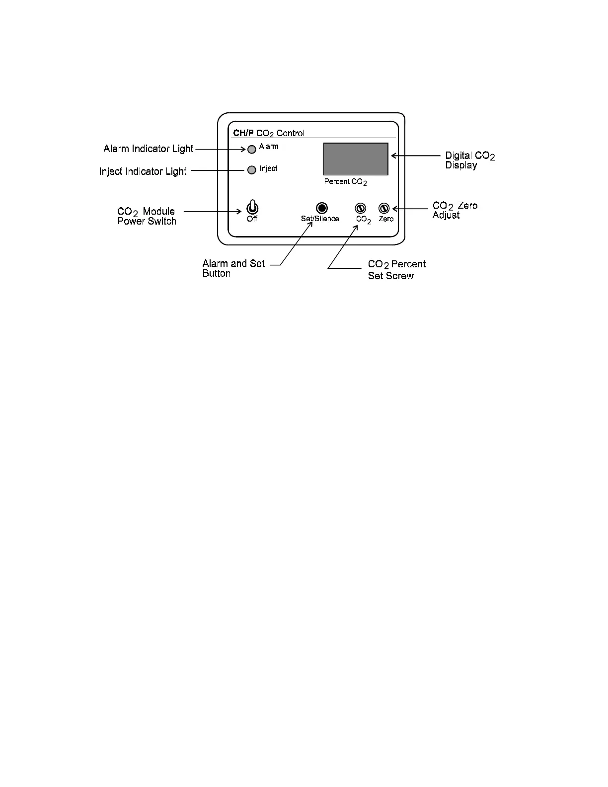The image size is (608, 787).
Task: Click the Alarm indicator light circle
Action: tap(252, 149)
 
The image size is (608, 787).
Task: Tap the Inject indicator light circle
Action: tap(252, 170)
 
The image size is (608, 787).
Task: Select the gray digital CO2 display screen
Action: tap(356, 159)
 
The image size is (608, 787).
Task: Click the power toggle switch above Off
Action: tap(252, 207)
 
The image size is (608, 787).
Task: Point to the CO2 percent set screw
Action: tap(360, 209)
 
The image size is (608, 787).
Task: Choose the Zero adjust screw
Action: tap(384, 209)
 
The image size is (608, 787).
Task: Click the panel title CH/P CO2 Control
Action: tap(269, 133)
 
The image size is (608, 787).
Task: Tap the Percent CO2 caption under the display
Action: tap(346, 182)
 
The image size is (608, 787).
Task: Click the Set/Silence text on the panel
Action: tap(320, 219)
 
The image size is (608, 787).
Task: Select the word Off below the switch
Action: tap(252, 219)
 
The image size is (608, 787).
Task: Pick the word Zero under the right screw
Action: tap(386, 219)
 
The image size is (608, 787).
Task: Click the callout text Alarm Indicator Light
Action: tap(149, 149)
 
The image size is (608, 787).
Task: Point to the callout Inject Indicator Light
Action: tap(143, 171)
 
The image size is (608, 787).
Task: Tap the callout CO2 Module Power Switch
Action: tap(147, 216)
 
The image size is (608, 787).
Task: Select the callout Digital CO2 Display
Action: tap(469, 160)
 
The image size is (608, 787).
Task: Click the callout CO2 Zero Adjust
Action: tap(455, 210)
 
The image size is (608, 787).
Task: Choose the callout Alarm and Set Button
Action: tap(233, 268)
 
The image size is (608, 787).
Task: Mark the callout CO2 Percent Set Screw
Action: tap(396, 270)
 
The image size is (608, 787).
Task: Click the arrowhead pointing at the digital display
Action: tap(394, 156)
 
